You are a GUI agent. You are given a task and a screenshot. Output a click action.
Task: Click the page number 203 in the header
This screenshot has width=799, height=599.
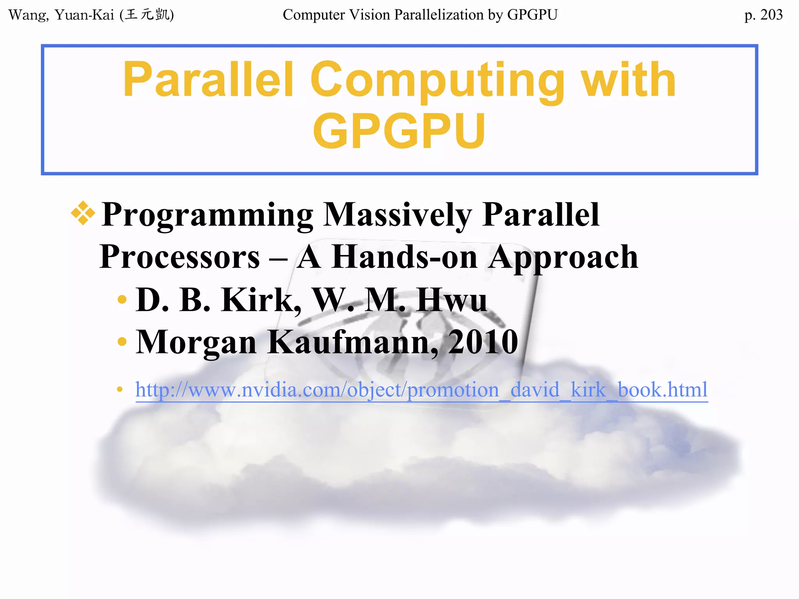click(x=771, y=15)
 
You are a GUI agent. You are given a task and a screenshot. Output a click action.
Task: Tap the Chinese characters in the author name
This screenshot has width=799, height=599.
click(x=147, y=15)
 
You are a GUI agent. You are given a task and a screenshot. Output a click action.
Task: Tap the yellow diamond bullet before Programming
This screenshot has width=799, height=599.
click(x=83, y=213)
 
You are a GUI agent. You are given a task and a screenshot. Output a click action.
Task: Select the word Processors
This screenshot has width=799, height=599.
click(x=179, y=257)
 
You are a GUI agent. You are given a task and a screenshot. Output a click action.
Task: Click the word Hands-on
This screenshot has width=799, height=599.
click(x=404, y=257)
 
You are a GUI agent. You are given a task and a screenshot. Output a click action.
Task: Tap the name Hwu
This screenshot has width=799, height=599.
click(x=451, y=300)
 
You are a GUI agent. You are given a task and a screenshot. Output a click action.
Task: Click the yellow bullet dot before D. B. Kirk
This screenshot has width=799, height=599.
click(x=122, y=299)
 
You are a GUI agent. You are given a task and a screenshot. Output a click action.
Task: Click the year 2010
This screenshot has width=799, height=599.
click(x=483, y=342)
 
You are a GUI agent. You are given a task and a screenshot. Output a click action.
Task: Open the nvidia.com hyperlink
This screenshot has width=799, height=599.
click(x=421, y=390)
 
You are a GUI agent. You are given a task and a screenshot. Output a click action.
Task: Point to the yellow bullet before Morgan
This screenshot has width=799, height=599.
click(x=122, y=342)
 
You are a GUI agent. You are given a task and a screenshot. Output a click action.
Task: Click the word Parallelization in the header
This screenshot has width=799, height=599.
click(x=439, y=15)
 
